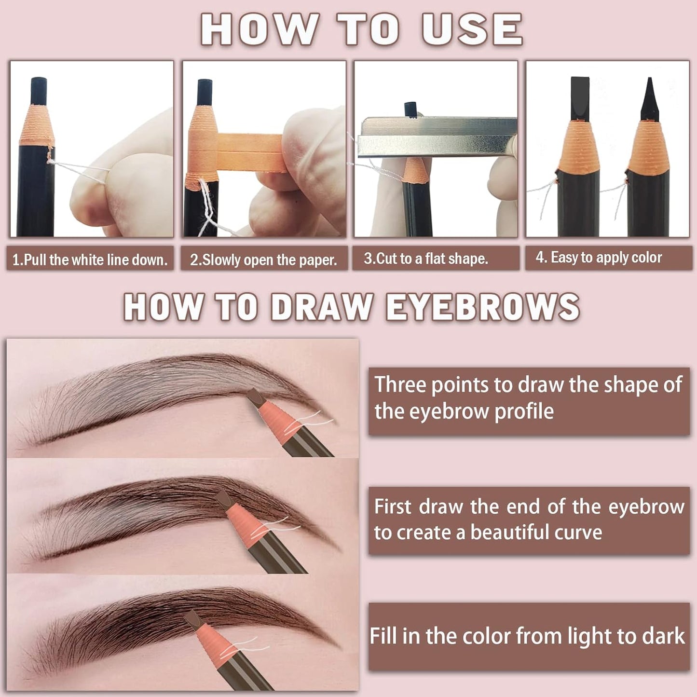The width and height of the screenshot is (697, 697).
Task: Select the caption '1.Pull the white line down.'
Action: pos(90,260)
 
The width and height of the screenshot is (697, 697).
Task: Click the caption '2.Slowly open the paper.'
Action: pos(263,260)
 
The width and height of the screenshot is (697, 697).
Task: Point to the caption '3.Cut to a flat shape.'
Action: pos(426,259)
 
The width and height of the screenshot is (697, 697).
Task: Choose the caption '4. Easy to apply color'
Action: pos(599,258)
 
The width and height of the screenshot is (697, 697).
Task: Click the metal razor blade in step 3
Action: pos(437,137)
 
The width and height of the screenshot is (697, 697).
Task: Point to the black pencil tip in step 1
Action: pos(39,91)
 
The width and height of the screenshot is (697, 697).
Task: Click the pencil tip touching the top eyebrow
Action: pos(255,397)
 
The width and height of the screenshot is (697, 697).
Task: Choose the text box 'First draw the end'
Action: pos(529,520)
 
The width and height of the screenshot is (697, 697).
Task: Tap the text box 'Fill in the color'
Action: pos(529,636)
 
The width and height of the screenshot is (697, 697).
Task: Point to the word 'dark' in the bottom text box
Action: pos(663,636)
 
